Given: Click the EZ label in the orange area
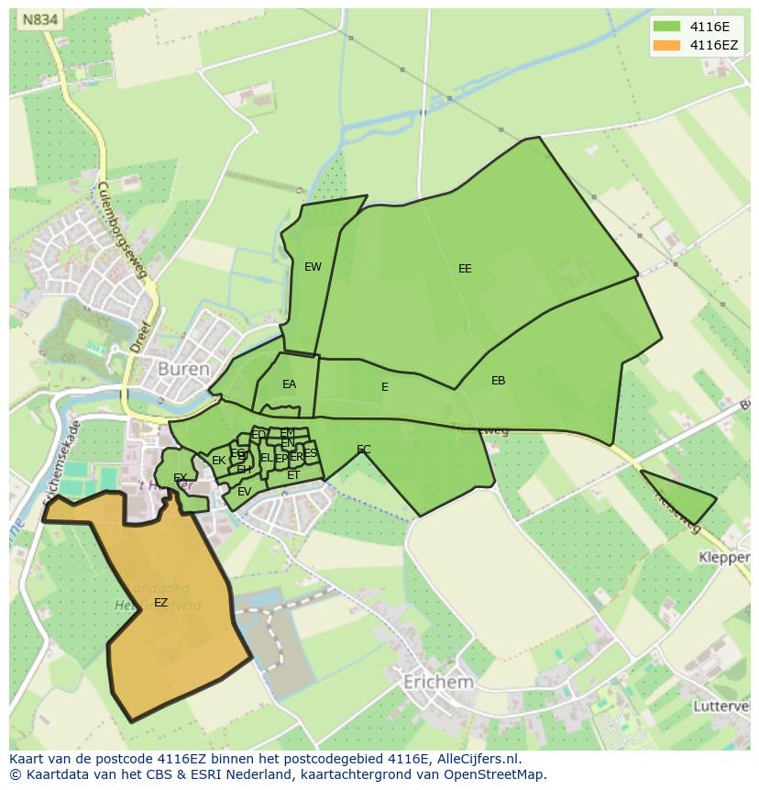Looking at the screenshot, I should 160,603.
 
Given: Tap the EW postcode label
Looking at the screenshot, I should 313,267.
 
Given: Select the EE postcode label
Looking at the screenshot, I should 465,269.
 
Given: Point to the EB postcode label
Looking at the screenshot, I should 498,380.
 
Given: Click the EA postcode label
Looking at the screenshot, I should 289,384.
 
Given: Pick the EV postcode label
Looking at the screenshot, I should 244,492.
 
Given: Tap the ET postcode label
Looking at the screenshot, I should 293,475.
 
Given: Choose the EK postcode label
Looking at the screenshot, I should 218,461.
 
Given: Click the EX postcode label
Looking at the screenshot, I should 180,478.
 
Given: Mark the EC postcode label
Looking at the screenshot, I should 364,450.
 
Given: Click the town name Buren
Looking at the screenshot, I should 183,369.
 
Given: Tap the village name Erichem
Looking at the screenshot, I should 438,683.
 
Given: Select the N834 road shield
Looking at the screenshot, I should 40,19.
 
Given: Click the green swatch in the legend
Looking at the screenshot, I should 666,27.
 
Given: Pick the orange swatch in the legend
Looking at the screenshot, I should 666,45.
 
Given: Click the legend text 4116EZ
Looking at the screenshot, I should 714,45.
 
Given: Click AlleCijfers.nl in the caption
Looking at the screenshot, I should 476,760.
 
